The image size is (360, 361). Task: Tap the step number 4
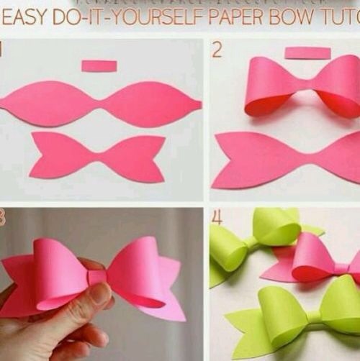click(217, 217)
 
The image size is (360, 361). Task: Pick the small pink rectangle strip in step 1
click(99, 66)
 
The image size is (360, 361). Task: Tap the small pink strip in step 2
click(307, 52)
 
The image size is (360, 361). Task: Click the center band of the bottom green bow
click(312, 317)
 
